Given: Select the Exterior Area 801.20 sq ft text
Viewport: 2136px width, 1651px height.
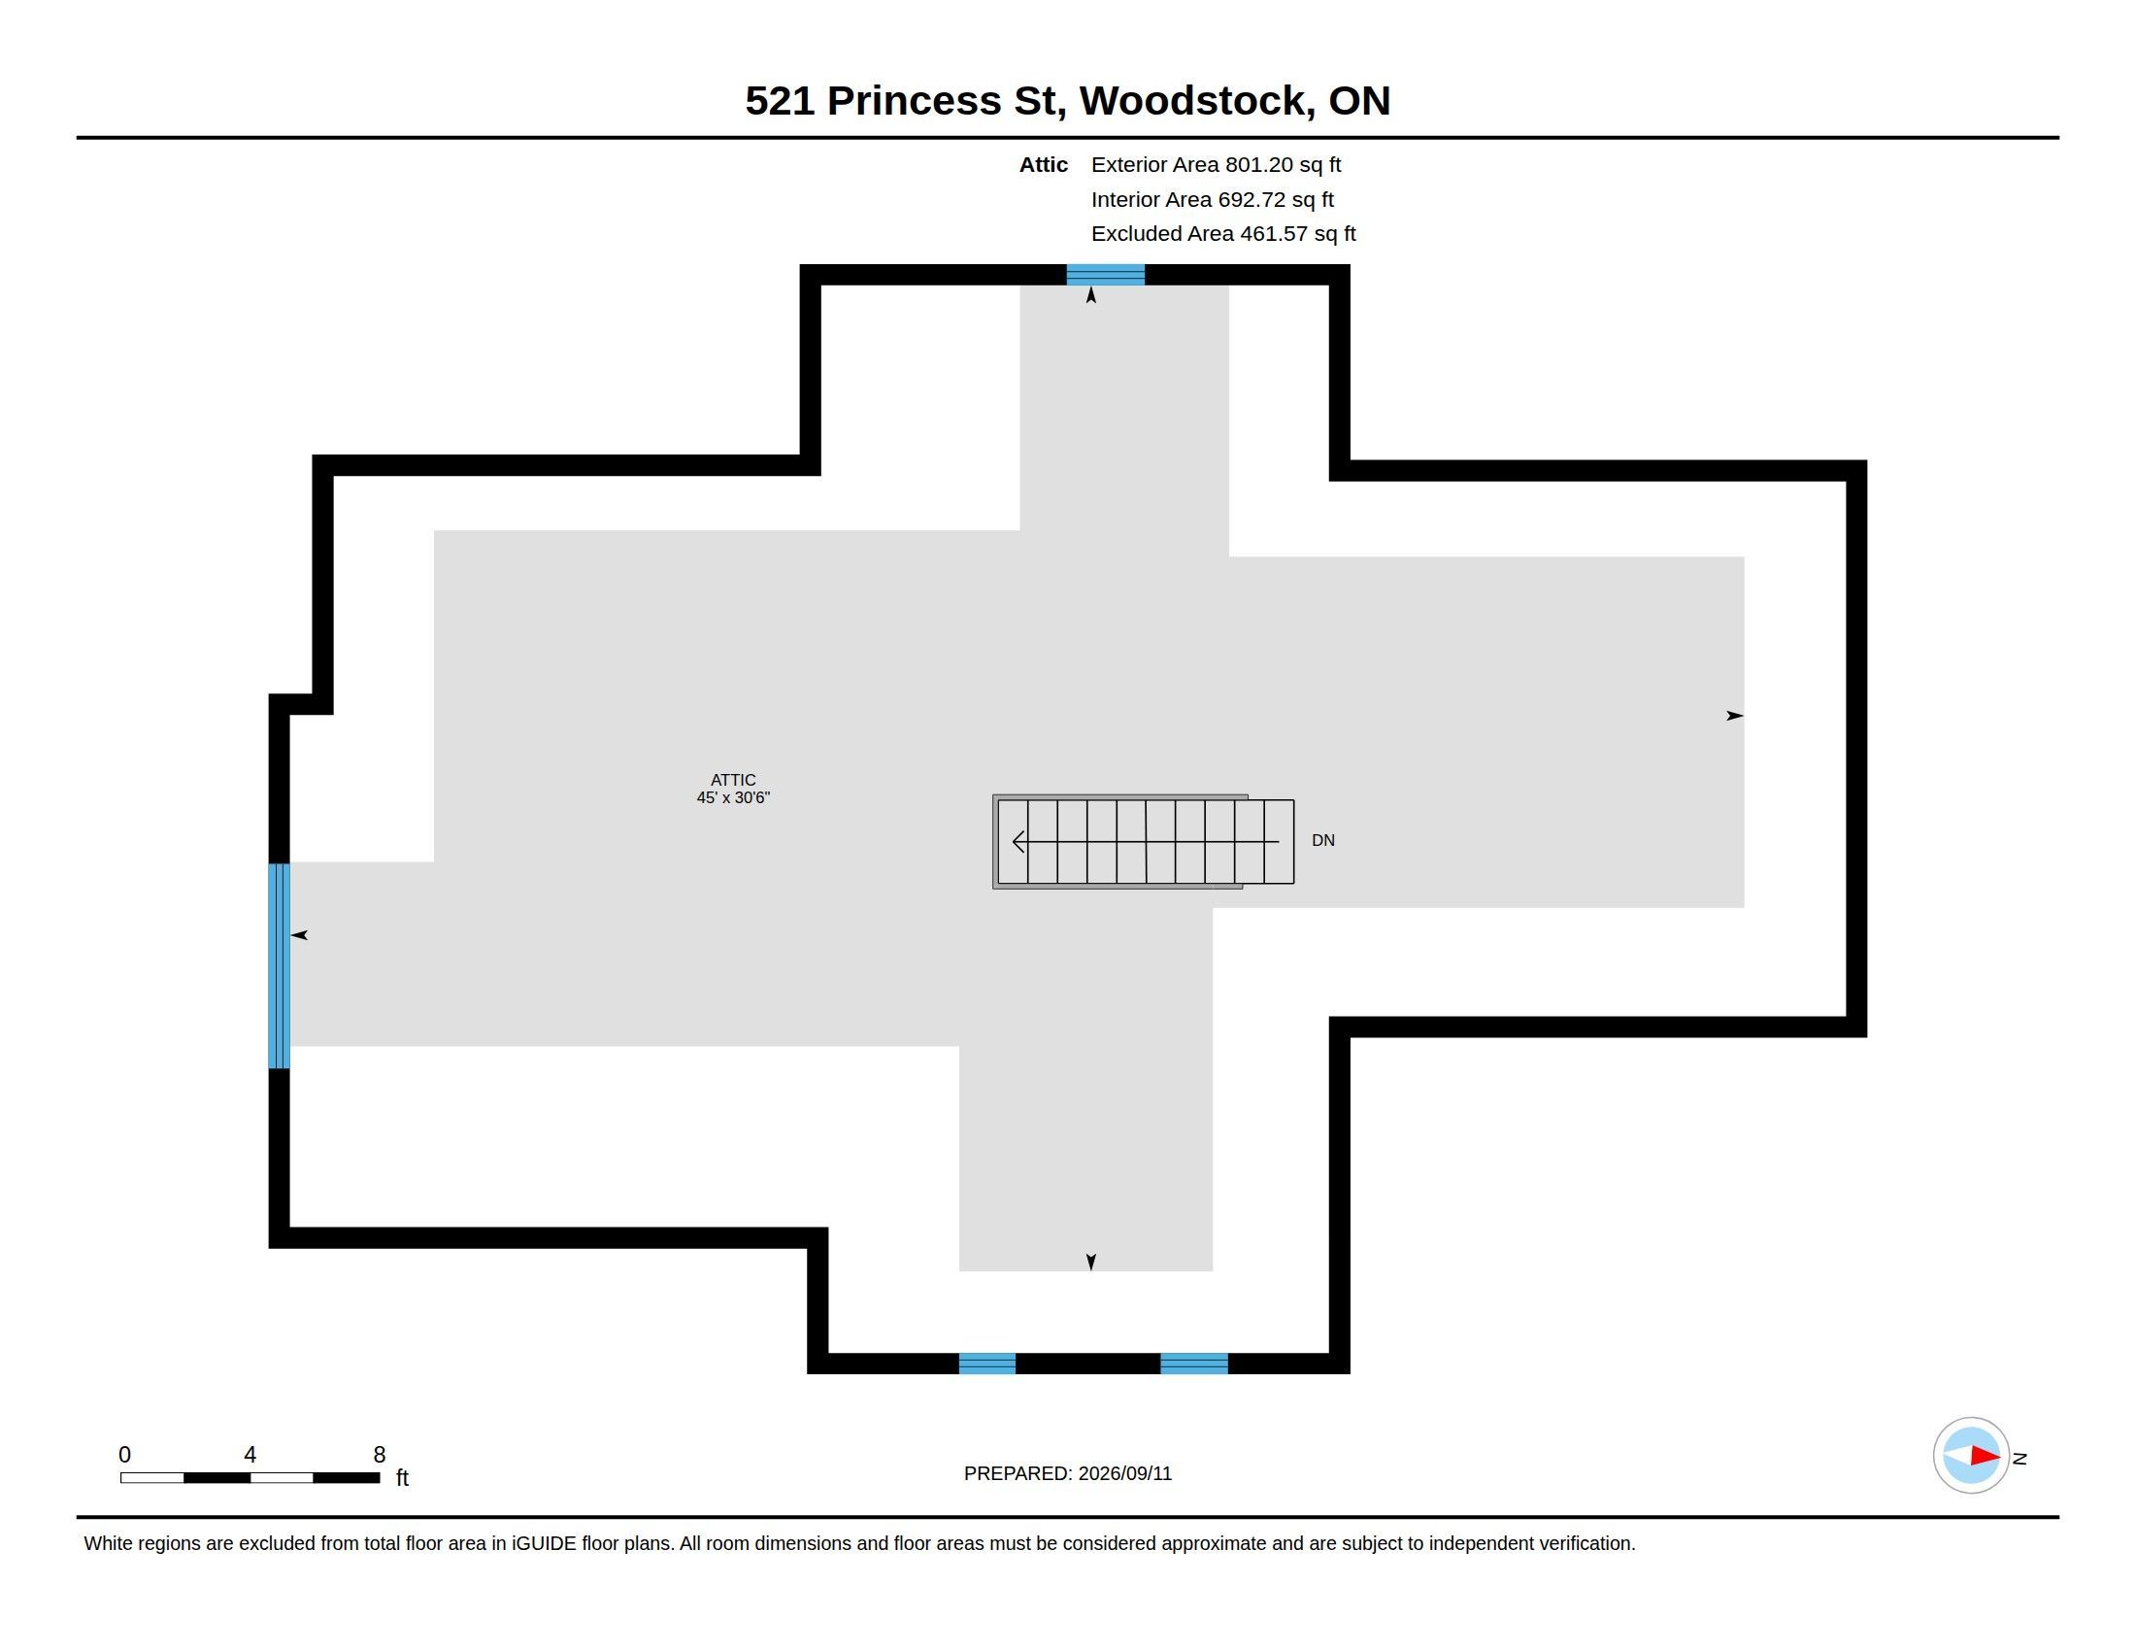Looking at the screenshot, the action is [1216, 164].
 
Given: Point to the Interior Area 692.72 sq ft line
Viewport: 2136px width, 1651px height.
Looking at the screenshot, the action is [1212, 199].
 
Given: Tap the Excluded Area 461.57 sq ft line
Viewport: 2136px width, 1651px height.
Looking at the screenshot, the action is [1223, 234].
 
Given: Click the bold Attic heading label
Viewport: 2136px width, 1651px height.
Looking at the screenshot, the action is [1043, 164].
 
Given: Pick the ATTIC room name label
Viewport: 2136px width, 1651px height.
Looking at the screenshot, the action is [732, 780].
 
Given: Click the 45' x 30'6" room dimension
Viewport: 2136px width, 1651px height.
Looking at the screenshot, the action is [732, 797].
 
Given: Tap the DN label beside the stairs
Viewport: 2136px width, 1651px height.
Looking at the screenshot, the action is [1322, 840].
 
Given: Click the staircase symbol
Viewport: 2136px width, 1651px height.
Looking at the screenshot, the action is [1144, 841].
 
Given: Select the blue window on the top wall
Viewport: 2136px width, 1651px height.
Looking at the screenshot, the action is [1105, 275].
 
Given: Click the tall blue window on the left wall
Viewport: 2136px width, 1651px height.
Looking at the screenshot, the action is [280, 965].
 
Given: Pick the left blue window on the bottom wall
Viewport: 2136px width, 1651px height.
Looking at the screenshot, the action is [986, 1364].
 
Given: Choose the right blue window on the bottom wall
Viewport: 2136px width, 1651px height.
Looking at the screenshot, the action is [1194, 1364].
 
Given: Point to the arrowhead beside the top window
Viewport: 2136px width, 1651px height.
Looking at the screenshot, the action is [1091, 294].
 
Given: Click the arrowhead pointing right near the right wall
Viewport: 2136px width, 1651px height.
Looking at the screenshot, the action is [1734, 716].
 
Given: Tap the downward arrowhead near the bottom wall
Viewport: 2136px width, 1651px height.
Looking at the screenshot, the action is [1091, 1262].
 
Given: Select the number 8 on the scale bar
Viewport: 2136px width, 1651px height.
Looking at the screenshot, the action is [380, 1455].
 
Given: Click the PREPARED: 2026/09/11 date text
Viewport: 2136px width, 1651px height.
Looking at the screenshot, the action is [1068, 1473].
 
